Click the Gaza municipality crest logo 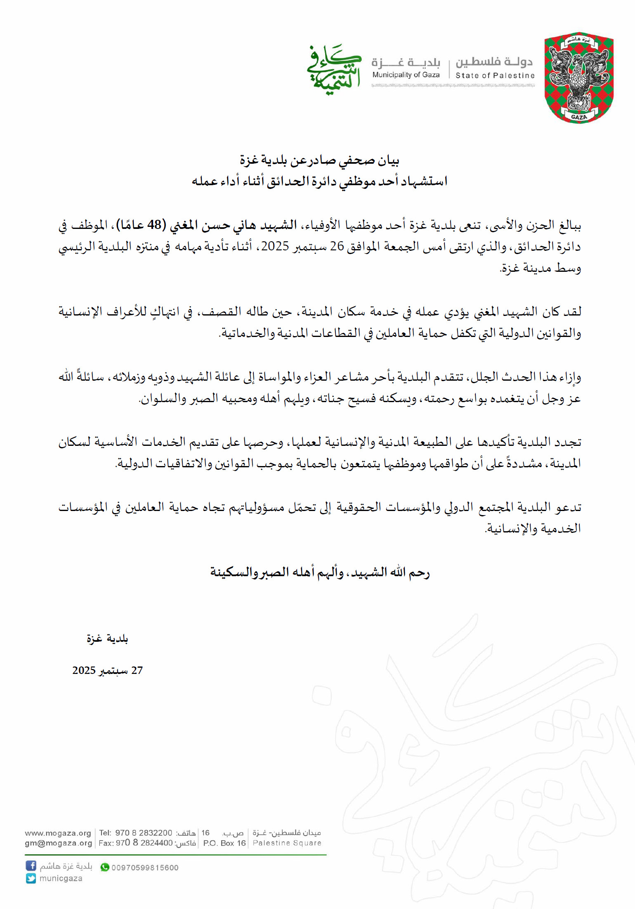pos(579,78)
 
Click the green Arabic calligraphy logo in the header pos(334,70)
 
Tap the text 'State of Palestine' pos(495,75)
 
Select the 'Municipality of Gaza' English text pos(406,75)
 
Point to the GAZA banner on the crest pos(579,117)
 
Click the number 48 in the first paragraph pos(154,225)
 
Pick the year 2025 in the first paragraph pos(275,246)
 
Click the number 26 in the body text pos(337,246)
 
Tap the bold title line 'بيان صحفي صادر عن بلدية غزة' pos(320,160)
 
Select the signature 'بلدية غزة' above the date pos(107,639)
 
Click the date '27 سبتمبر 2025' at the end pos(107,671)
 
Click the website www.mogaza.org pos(58,833)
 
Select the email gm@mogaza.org pos(58,843)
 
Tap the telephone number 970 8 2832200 pos(143,833)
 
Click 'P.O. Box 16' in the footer pos(224,843)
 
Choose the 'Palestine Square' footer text pos(287,843)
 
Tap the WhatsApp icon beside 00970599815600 pos(105,867)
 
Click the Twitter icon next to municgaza pos(31,878)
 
